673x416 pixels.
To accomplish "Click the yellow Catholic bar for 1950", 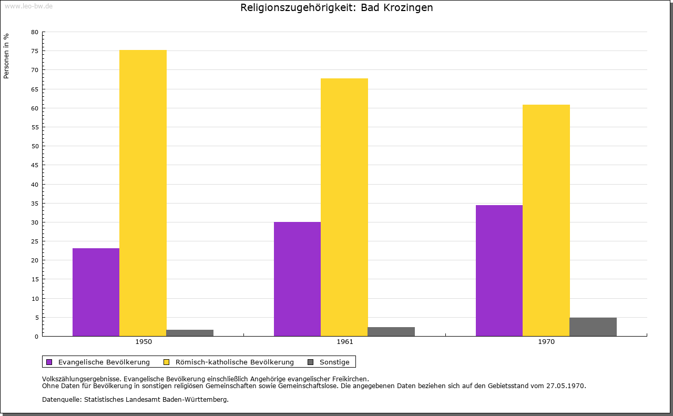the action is (143, 193).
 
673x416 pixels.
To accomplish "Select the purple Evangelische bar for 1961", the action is (298, 279).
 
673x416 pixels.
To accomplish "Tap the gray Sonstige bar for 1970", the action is (593, 327).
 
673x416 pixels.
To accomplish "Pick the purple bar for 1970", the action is (499, 270).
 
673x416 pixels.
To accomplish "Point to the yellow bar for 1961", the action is (344, 207).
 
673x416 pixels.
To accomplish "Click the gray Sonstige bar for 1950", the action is (190, 333).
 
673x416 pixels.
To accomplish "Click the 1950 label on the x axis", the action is (144, 342).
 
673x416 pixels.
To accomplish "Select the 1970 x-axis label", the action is (546, 342).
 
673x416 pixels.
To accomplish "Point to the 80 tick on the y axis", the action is (35, 32).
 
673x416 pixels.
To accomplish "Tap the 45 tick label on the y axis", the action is (35, 165).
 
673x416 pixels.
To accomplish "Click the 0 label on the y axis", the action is (37, 337).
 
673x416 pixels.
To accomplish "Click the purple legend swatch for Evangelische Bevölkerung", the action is (49, 362).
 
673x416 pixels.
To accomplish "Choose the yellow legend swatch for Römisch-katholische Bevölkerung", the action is (167, 362).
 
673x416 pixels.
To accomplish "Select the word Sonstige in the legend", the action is (334, 362).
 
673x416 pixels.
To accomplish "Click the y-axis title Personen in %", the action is (6, 56).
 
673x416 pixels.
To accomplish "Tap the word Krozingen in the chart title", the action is (408, 8).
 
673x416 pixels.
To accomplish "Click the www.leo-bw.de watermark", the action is (29, 6).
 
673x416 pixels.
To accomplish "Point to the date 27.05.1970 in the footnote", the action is (565, 386).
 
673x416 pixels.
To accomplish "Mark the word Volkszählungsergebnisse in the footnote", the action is (81, 379).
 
